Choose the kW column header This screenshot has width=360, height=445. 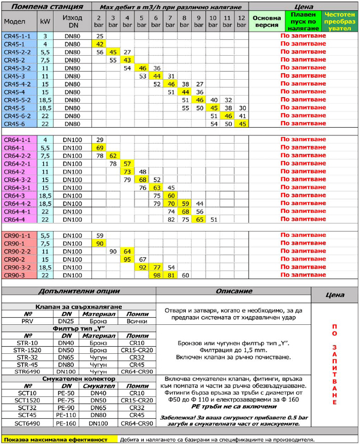click(45, 22)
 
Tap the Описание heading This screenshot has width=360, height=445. click(233, 292)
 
